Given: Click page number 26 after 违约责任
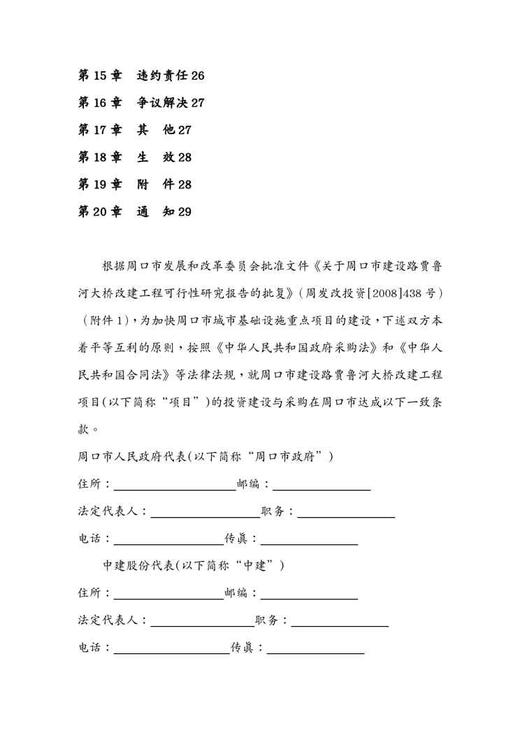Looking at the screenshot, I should point(197,76).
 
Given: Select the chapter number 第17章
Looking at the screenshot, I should point(100,131).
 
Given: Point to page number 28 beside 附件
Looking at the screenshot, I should point(185,185).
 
